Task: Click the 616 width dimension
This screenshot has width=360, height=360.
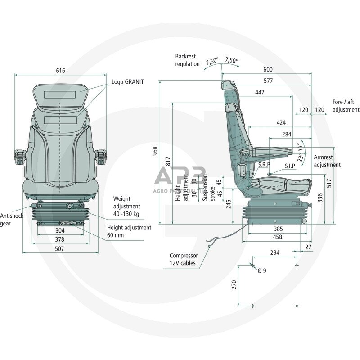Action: click(x=60, y=71)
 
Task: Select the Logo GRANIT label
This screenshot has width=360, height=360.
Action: click(x=128, y=82)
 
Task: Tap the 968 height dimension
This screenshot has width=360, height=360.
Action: click(x=155, y=151)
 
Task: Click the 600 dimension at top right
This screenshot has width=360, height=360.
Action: click(x=268, y=70)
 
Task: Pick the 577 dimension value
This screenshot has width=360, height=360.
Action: click(x=268, y=81)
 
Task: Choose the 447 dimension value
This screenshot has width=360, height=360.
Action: click(x=259, y=92)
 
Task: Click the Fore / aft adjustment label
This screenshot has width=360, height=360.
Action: click(x=346, y=106)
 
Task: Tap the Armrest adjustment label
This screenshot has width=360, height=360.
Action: click(x=327, y=161)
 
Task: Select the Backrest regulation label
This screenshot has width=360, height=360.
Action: click(x=187, y=60)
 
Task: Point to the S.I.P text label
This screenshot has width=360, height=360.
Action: click(x=290, y=166)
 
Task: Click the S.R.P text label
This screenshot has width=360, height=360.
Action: click(x=264, y=165)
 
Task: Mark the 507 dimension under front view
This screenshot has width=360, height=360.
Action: click(x=59, y=248)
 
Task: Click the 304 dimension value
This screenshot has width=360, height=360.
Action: click(x=59, y=230)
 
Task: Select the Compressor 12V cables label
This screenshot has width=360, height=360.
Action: click(x=183, y=259)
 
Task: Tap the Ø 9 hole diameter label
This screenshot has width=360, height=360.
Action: click(x=262, y=270)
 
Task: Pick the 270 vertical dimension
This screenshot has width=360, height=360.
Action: click(x=234, y=284)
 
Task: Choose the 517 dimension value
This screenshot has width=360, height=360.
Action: click(x=328, y=183)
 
